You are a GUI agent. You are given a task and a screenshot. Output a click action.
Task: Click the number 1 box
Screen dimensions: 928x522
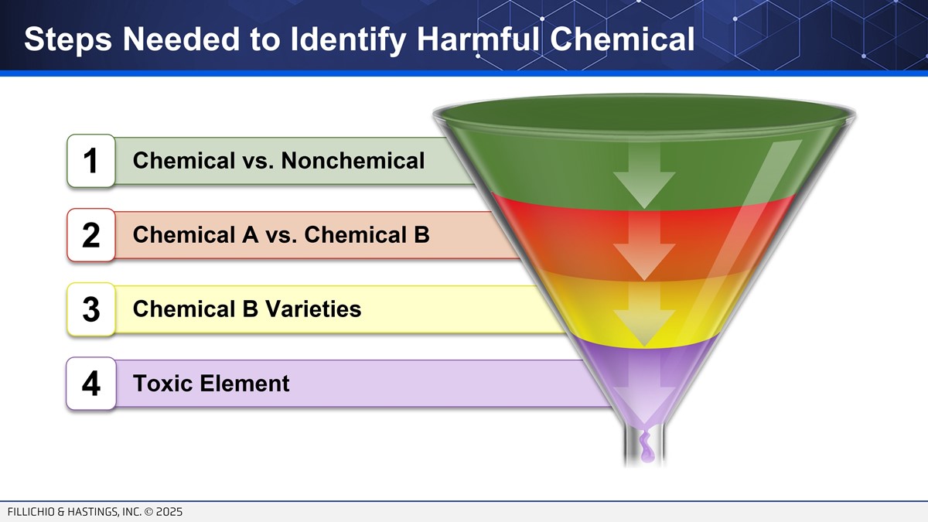pyautogui.click(x=91, y=161)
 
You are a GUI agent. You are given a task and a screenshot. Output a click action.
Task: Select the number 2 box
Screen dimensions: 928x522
pyautogui.click(x=91, y=235)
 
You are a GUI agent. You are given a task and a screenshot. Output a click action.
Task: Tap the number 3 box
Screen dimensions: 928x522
pyautogui.click(x=91, y=309)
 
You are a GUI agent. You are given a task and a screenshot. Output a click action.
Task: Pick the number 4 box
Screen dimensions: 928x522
pyautogui.click(x=91, y=384)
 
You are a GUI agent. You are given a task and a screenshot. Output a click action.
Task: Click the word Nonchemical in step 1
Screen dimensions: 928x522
pyautogui.click(x=353, y=160)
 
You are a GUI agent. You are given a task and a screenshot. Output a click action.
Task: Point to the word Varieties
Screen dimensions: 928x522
pyautogui.click(x=312, y=309)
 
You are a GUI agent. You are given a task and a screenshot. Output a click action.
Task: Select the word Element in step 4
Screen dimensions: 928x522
pyautogui.click(x=244, y=383)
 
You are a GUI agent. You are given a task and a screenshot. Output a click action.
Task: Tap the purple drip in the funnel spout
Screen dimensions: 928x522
pyautogui.click(x=646, y=447)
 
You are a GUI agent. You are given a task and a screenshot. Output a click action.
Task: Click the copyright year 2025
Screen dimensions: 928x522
pyautogui.click(x=169, y=512)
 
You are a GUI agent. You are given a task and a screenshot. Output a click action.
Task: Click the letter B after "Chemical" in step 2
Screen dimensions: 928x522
pyautogui.click(x=421, y=234)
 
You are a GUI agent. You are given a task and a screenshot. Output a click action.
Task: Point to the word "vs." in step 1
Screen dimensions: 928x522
pyautogui.click(x=258, y=161)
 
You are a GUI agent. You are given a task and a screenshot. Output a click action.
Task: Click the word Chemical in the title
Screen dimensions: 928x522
pyautogui.click(x=623, y=39)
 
